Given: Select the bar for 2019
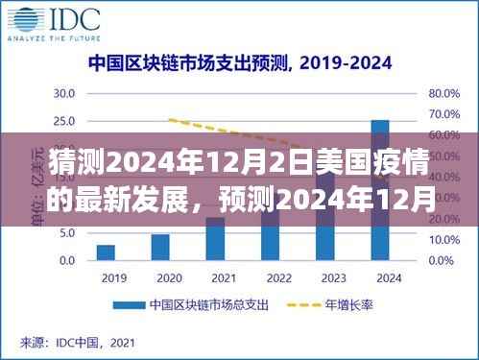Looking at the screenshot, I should tap(106, 252).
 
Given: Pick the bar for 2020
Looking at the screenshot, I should tap(160, 247).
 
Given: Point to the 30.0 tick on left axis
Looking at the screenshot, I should tap(64, 93).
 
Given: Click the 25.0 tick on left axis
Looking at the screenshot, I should tap(64, 121).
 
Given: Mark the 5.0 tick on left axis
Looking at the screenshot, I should tap(67, 233).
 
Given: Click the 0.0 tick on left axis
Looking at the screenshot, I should tap(67, 261).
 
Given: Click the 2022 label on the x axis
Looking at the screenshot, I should tap(270, 279).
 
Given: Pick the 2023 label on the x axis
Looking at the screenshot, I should tap(325, 279).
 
